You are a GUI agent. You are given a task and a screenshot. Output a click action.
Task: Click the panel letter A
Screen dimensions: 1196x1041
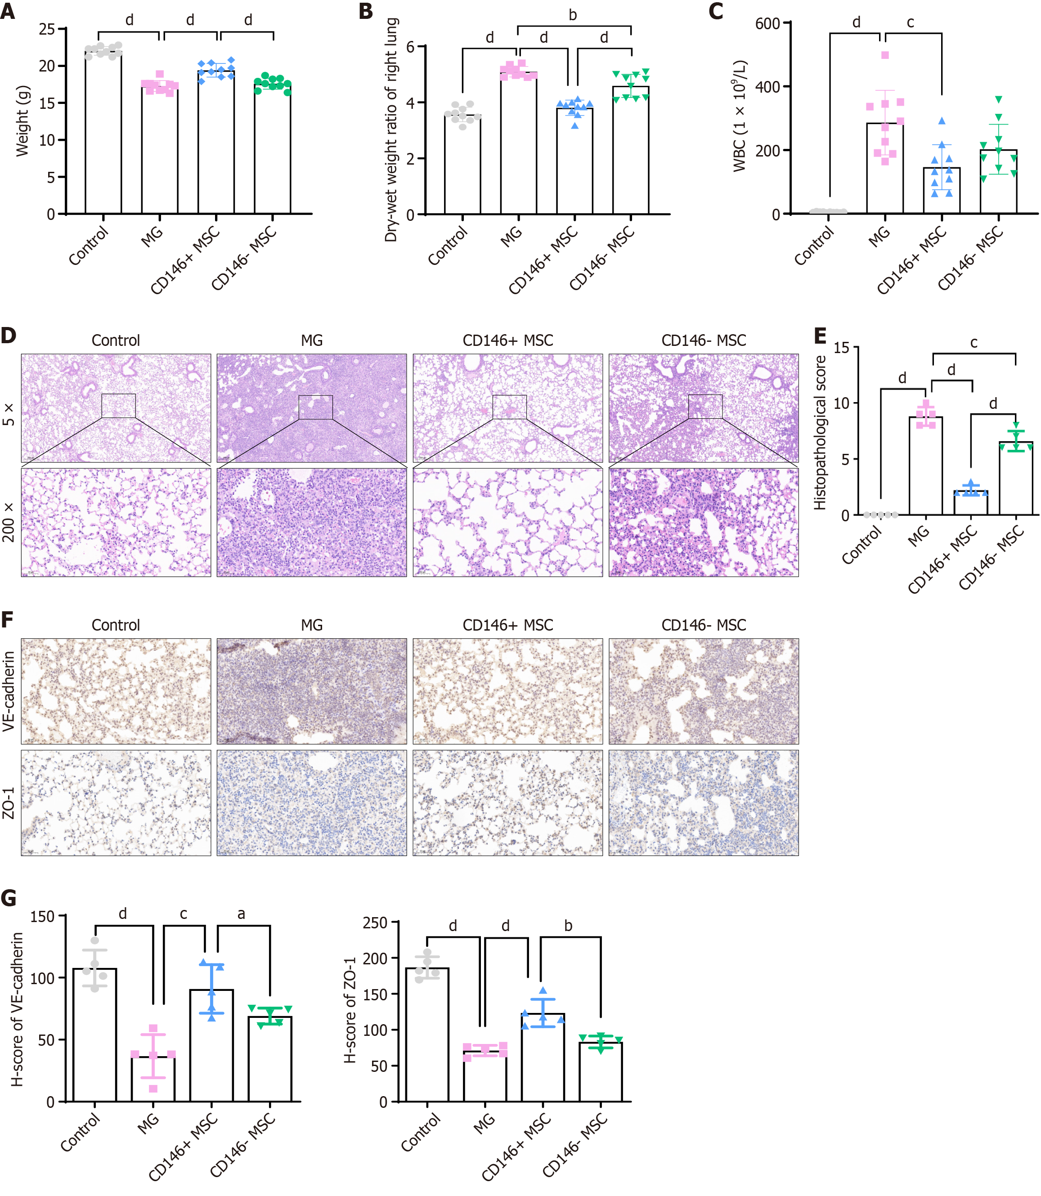click(8, 12)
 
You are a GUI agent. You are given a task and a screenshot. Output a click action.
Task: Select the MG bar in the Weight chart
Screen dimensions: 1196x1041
click(160, 151)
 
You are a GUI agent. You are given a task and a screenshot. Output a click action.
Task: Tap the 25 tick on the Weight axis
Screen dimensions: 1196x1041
click(46, 29)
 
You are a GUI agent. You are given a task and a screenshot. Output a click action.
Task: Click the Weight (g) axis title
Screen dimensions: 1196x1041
click(22, 121)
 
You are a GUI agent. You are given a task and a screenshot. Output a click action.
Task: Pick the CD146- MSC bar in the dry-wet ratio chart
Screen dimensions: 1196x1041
click(631, 151)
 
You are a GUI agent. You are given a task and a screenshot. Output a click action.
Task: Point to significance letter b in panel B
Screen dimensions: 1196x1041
click(573, 16)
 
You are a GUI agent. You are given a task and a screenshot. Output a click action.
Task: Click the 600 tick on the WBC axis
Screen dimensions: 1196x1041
click(767, 23)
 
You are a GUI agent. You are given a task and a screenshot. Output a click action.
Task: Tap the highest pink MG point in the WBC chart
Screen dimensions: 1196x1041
click(885, 56)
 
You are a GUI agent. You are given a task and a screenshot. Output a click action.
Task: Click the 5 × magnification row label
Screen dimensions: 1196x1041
click(9, 413)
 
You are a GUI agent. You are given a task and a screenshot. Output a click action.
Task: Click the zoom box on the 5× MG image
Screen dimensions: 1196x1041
click(315, 407)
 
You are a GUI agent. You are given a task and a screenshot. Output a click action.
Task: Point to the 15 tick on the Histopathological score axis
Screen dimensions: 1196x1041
click(841, 348)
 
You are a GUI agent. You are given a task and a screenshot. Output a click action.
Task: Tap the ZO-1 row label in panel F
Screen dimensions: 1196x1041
click(9, 803)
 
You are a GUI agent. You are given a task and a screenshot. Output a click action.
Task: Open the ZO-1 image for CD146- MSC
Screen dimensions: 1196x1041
click(704, 803)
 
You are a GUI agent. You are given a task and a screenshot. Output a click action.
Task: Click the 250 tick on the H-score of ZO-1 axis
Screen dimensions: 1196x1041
click(375, 923)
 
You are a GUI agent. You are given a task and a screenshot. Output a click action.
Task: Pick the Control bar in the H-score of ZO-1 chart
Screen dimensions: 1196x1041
click(427, 1035)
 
